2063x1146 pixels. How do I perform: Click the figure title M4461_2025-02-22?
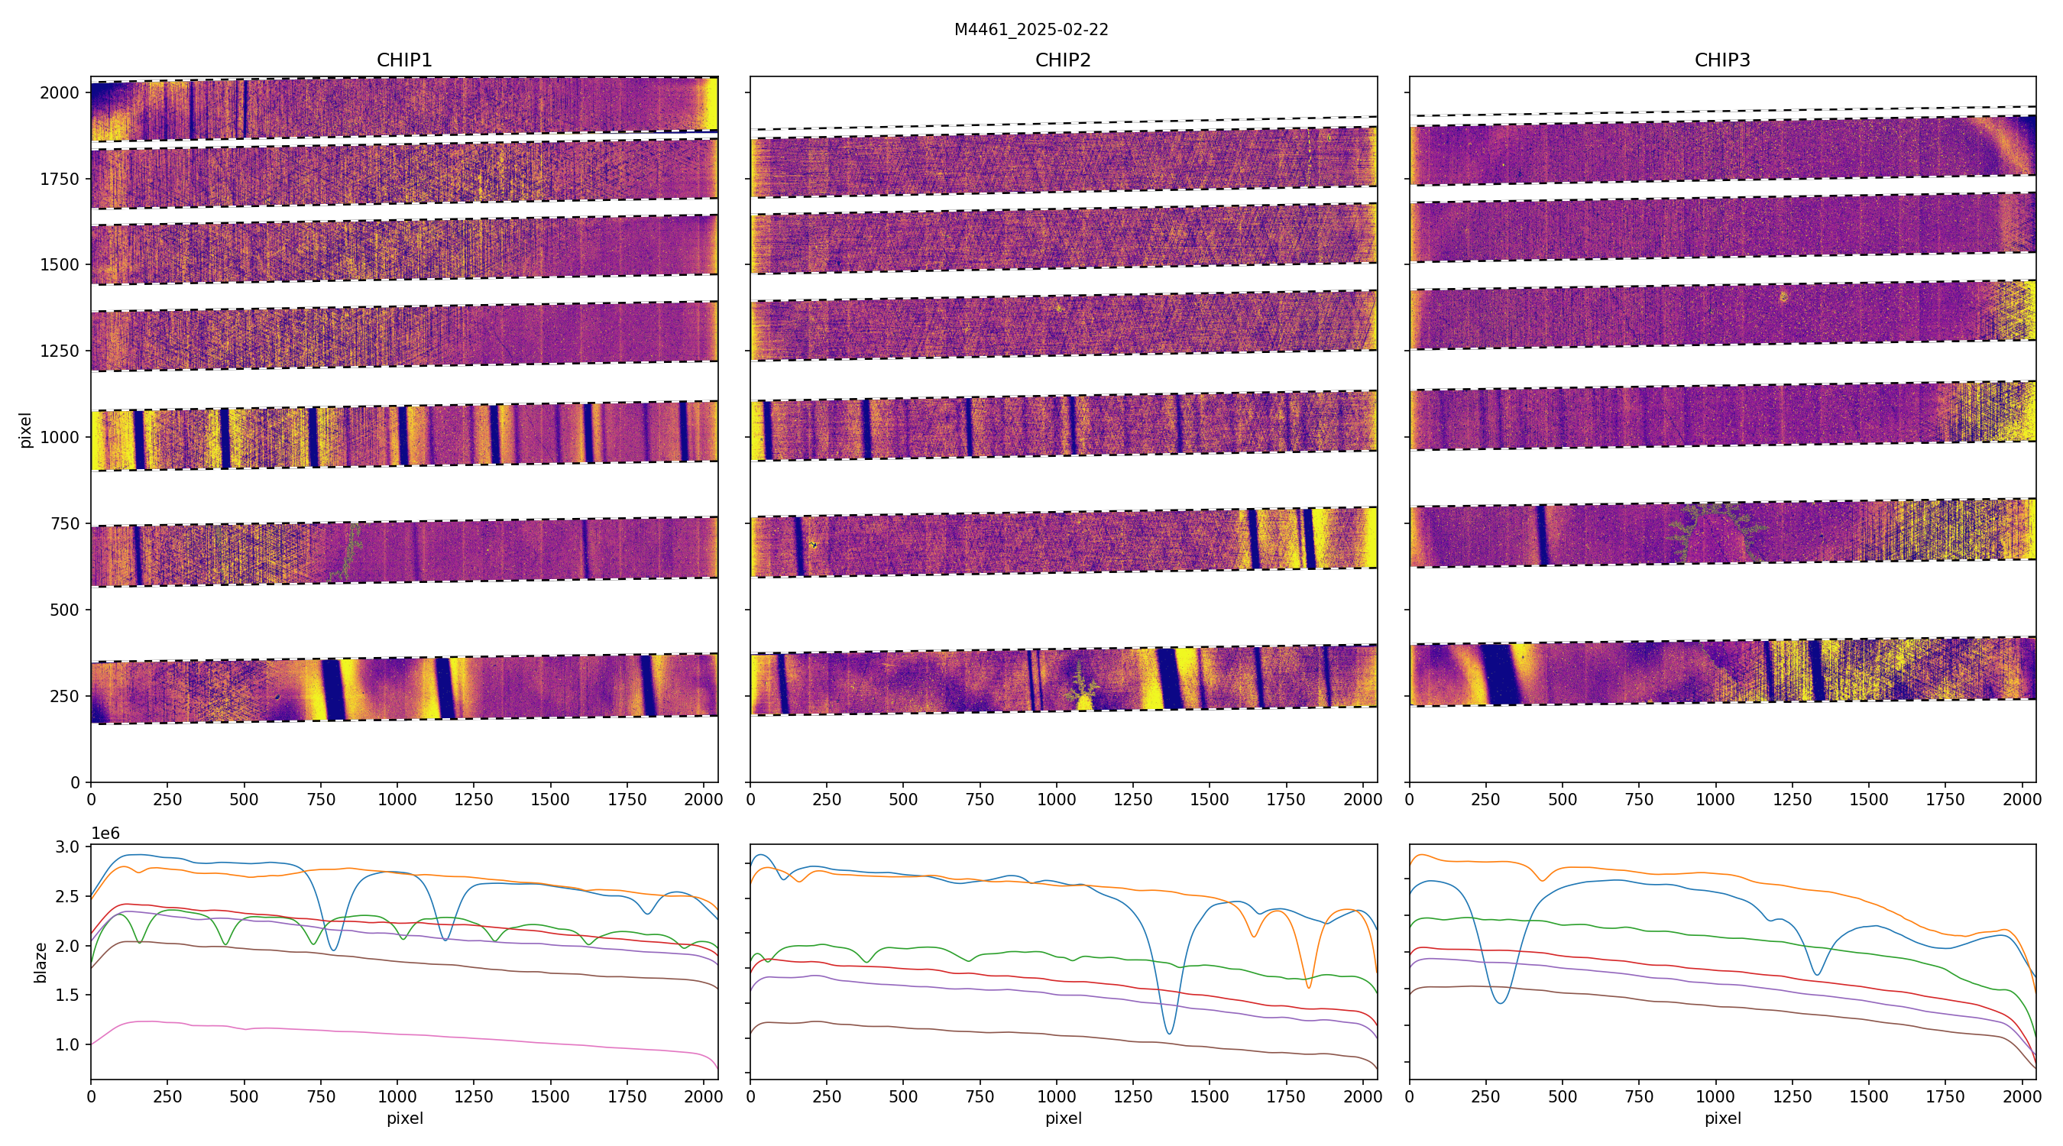coord(1031,30)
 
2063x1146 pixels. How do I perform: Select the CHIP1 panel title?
coord(404,60)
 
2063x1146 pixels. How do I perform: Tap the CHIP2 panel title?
coord(1063,60)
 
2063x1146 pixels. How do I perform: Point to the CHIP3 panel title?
coord(1721,60)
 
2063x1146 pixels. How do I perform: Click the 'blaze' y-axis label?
coord(40,962)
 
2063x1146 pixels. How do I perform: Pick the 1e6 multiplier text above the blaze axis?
coord(105,834)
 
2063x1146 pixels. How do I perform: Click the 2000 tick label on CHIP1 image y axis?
coord(60,93)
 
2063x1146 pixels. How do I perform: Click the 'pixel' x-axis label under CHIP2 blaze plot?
coord(1063,1118)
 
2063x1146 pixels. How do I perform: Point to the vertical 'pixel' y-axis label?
coord(26,430)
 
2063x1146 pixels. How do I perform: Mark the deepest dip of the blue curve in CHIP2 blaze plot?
coord(1169,1033)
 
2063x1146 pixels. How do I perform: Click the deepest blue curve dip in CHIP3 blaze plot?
coord(1501,1002)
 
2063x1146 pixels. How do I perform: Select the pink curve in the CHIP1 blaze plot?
coord(400,1029)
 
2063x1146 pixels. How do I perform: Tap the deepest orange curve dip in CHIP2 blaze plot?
coord(1309,986)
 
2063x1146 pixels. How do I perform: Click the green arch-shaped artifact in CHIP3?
coord(1714,530)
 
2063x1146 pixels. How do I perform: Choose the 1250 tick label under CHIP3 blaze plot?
coord(1792,1096)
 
